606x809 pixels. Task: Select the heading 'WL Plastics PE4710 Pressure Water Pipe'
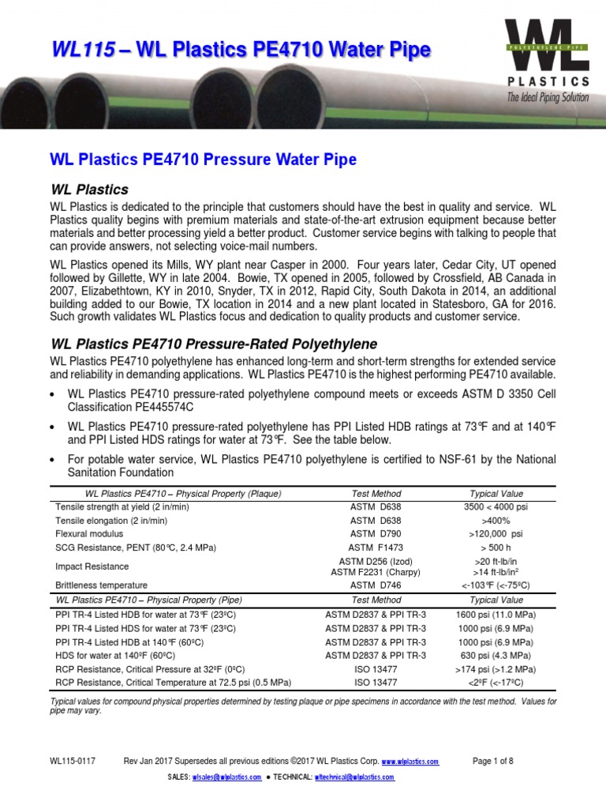tap(204, 160)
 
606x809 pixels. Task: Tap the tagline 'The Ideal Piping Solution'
tap(548, 97)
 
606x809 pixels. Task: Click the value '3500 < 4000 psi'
tap(496, 506)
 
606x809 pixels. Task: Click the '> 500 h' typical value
tap(496, 547)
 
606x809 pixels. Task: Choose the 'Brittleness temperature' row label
tap(101, 585)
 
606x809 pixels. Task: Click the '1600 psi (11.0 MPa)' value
tap(496, 615)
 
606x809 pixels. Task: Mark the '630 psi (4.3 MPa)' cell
tap(496, 655)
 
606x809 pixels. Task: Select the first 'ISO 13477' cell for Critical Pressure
tap(376, 668)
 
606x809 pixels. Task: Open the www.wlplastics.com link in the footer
tap(410, 762)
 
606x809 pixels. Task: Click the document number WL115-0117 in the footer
tap(73, 761)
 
